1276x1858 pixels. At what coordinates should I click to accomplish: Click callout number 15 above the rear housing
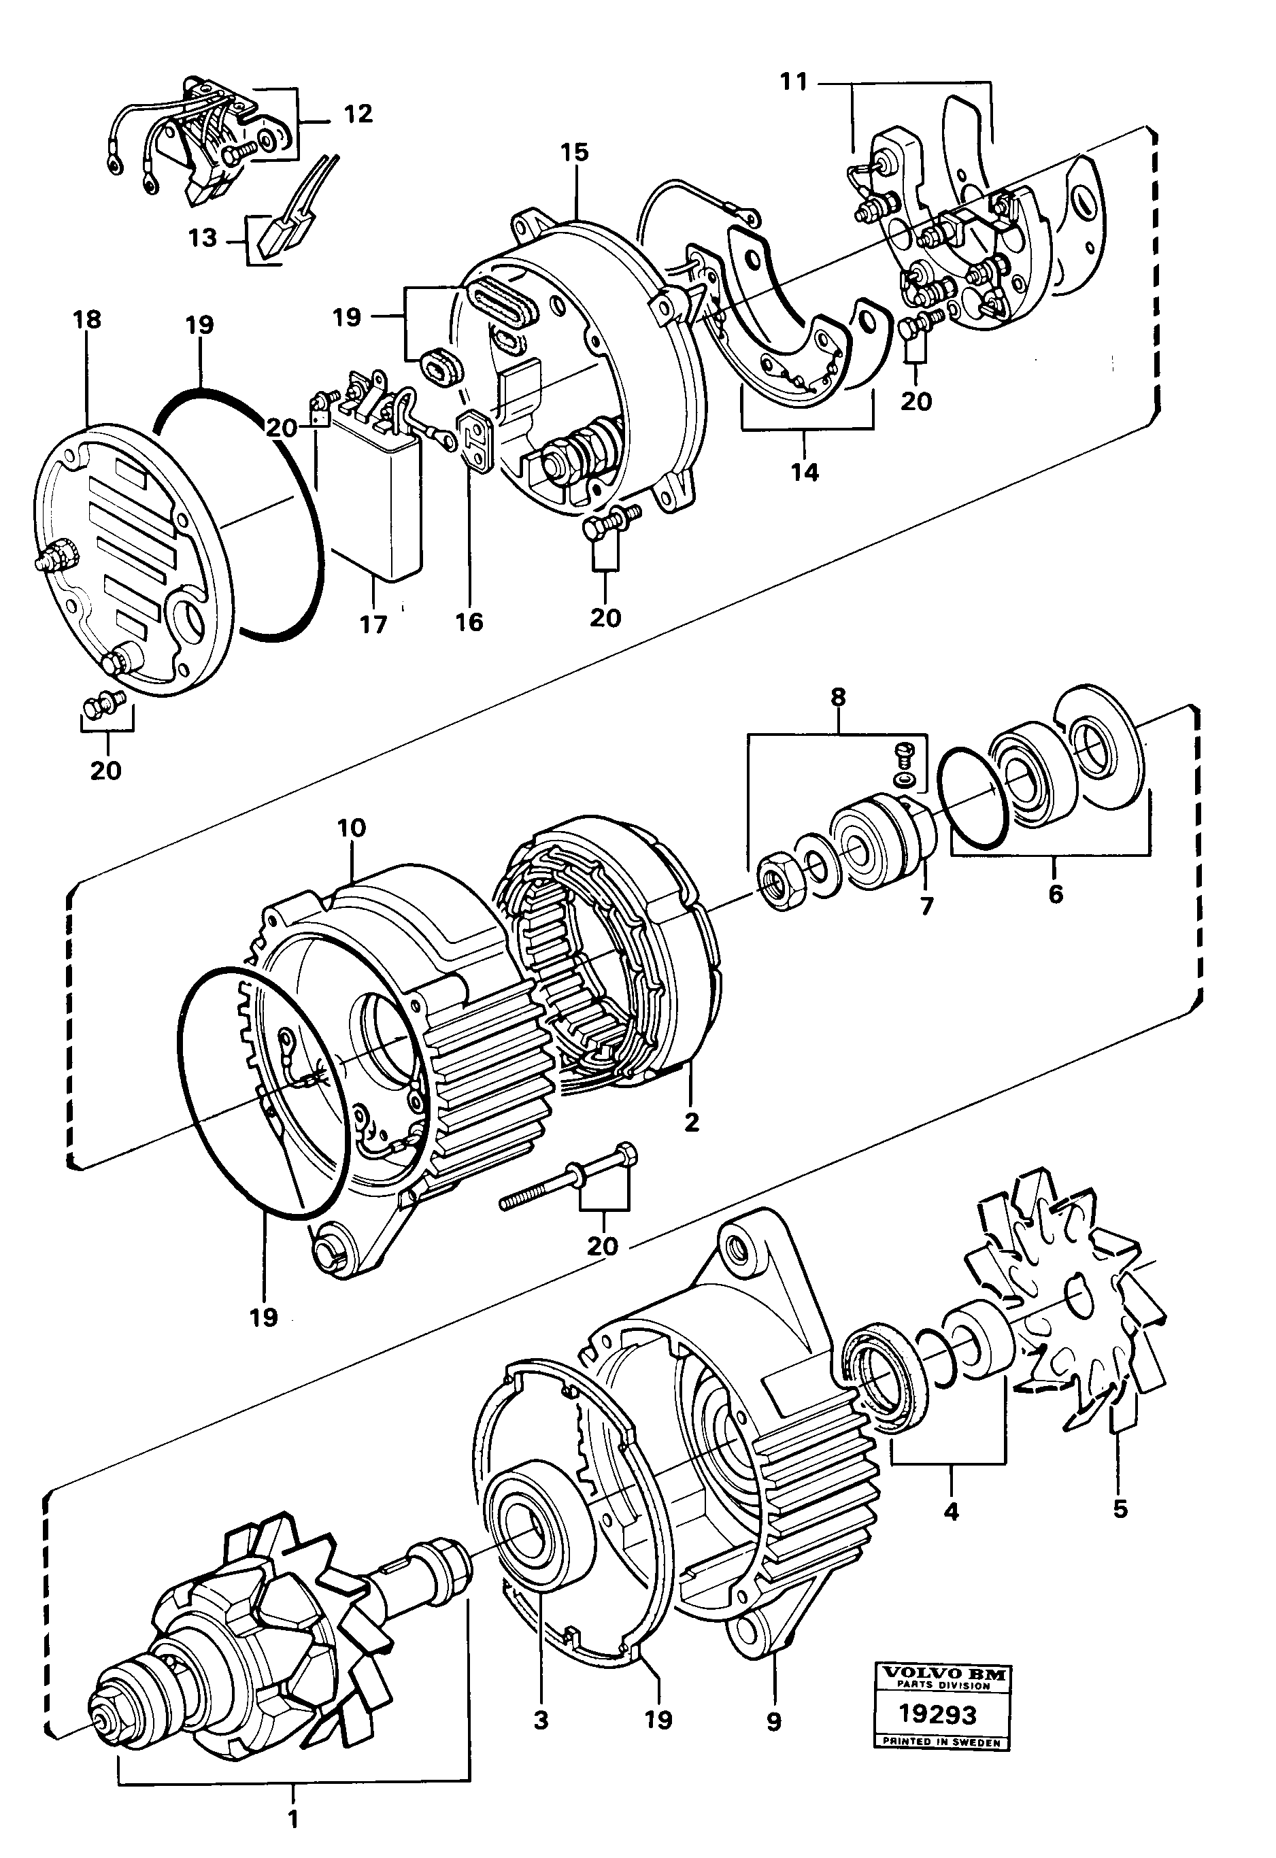pos(574,152)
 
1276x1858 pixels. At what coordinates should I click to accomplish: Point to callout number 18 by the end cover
pos(87,320)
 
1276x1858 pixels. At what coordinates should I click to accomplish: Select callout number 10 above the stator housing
pos(351,828)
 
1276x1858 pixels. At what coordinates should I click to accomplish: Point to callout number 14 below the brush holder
pos(805,473)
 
